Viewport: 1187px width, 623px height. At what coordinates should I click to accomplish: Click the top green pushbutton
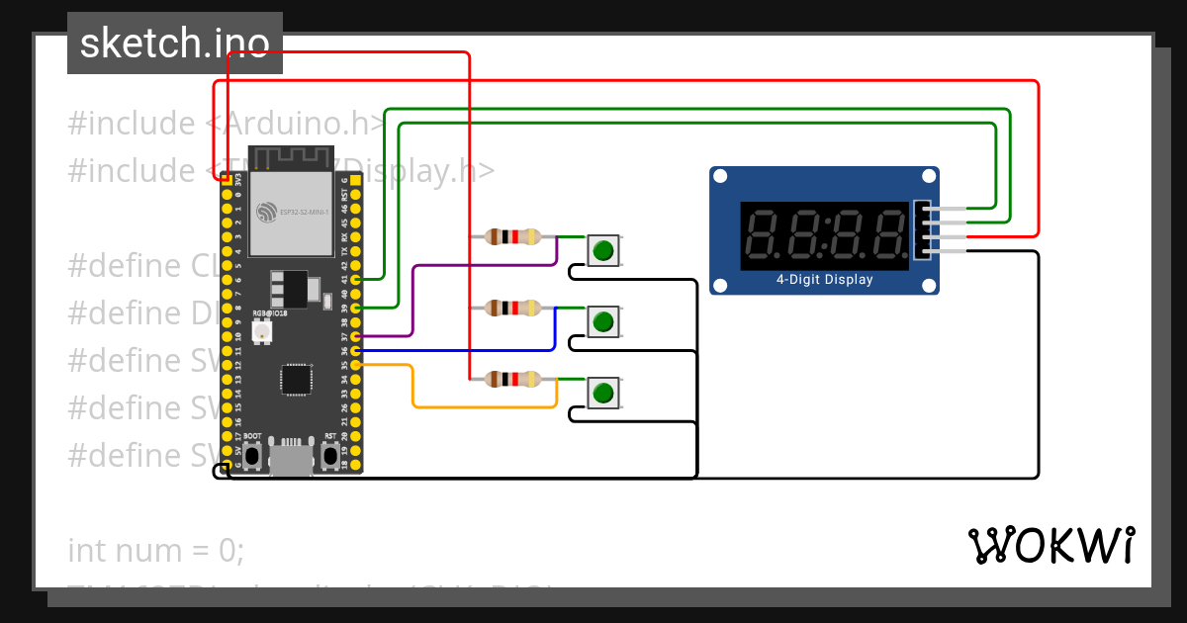click(603, 250)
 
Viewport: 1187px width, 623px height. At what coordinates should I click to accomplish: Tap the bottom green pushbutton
click(603, 394)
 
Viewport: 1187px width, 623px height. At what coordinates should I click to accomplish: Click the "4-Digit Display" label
click(824, 280)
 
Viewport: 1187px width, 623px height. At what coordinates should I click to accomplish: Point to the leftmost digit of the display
click(764, 235)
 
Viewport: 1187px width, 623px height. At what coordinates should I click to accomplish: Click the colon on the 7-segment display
click(825, 235)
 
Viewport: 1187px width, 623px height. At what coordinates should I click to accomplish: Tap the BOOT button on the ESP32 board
click(252, 455)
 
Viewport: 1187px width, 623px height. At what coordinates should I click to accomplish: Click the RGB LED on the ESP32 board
click(262, 333)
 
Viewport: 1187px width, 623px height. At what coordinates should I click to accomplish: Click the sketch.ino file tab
click(175, 44)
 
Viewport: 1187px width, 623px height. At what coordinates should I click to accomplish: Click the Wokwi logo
click(1050, 545)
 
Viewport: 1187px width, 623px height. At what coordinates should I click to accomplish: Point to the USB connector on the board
click(291, 461)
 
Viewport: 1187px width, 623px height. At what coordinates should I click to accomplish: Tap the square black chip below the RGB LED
click(295, 380)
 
